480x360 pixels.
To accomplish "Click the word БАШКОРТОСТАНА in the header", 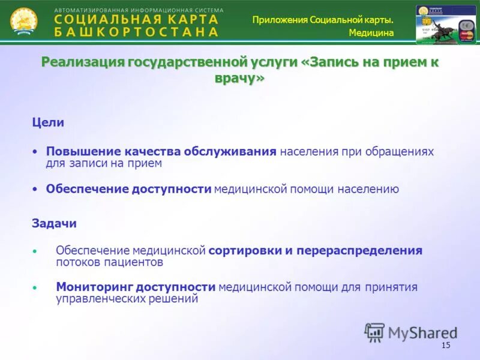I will pos(136,32).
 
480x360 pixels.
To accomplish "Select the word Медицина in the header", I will pos(371,33).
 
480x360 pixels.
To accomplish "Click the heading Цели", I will pos(48,122).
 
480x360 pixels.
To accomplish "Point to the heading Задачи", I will pos(54,223).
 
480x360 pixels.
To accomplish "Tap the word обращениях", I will pos(401,151).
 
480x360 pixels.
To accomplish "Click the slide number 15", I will pos(445,345).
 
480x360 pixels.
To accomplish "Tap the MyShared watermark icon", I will pos(375,332).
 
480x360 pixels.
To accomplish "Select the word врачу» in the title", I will pos(239,78).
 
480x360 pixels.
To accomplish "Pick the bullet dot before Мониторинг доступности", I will pos(35,288).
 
